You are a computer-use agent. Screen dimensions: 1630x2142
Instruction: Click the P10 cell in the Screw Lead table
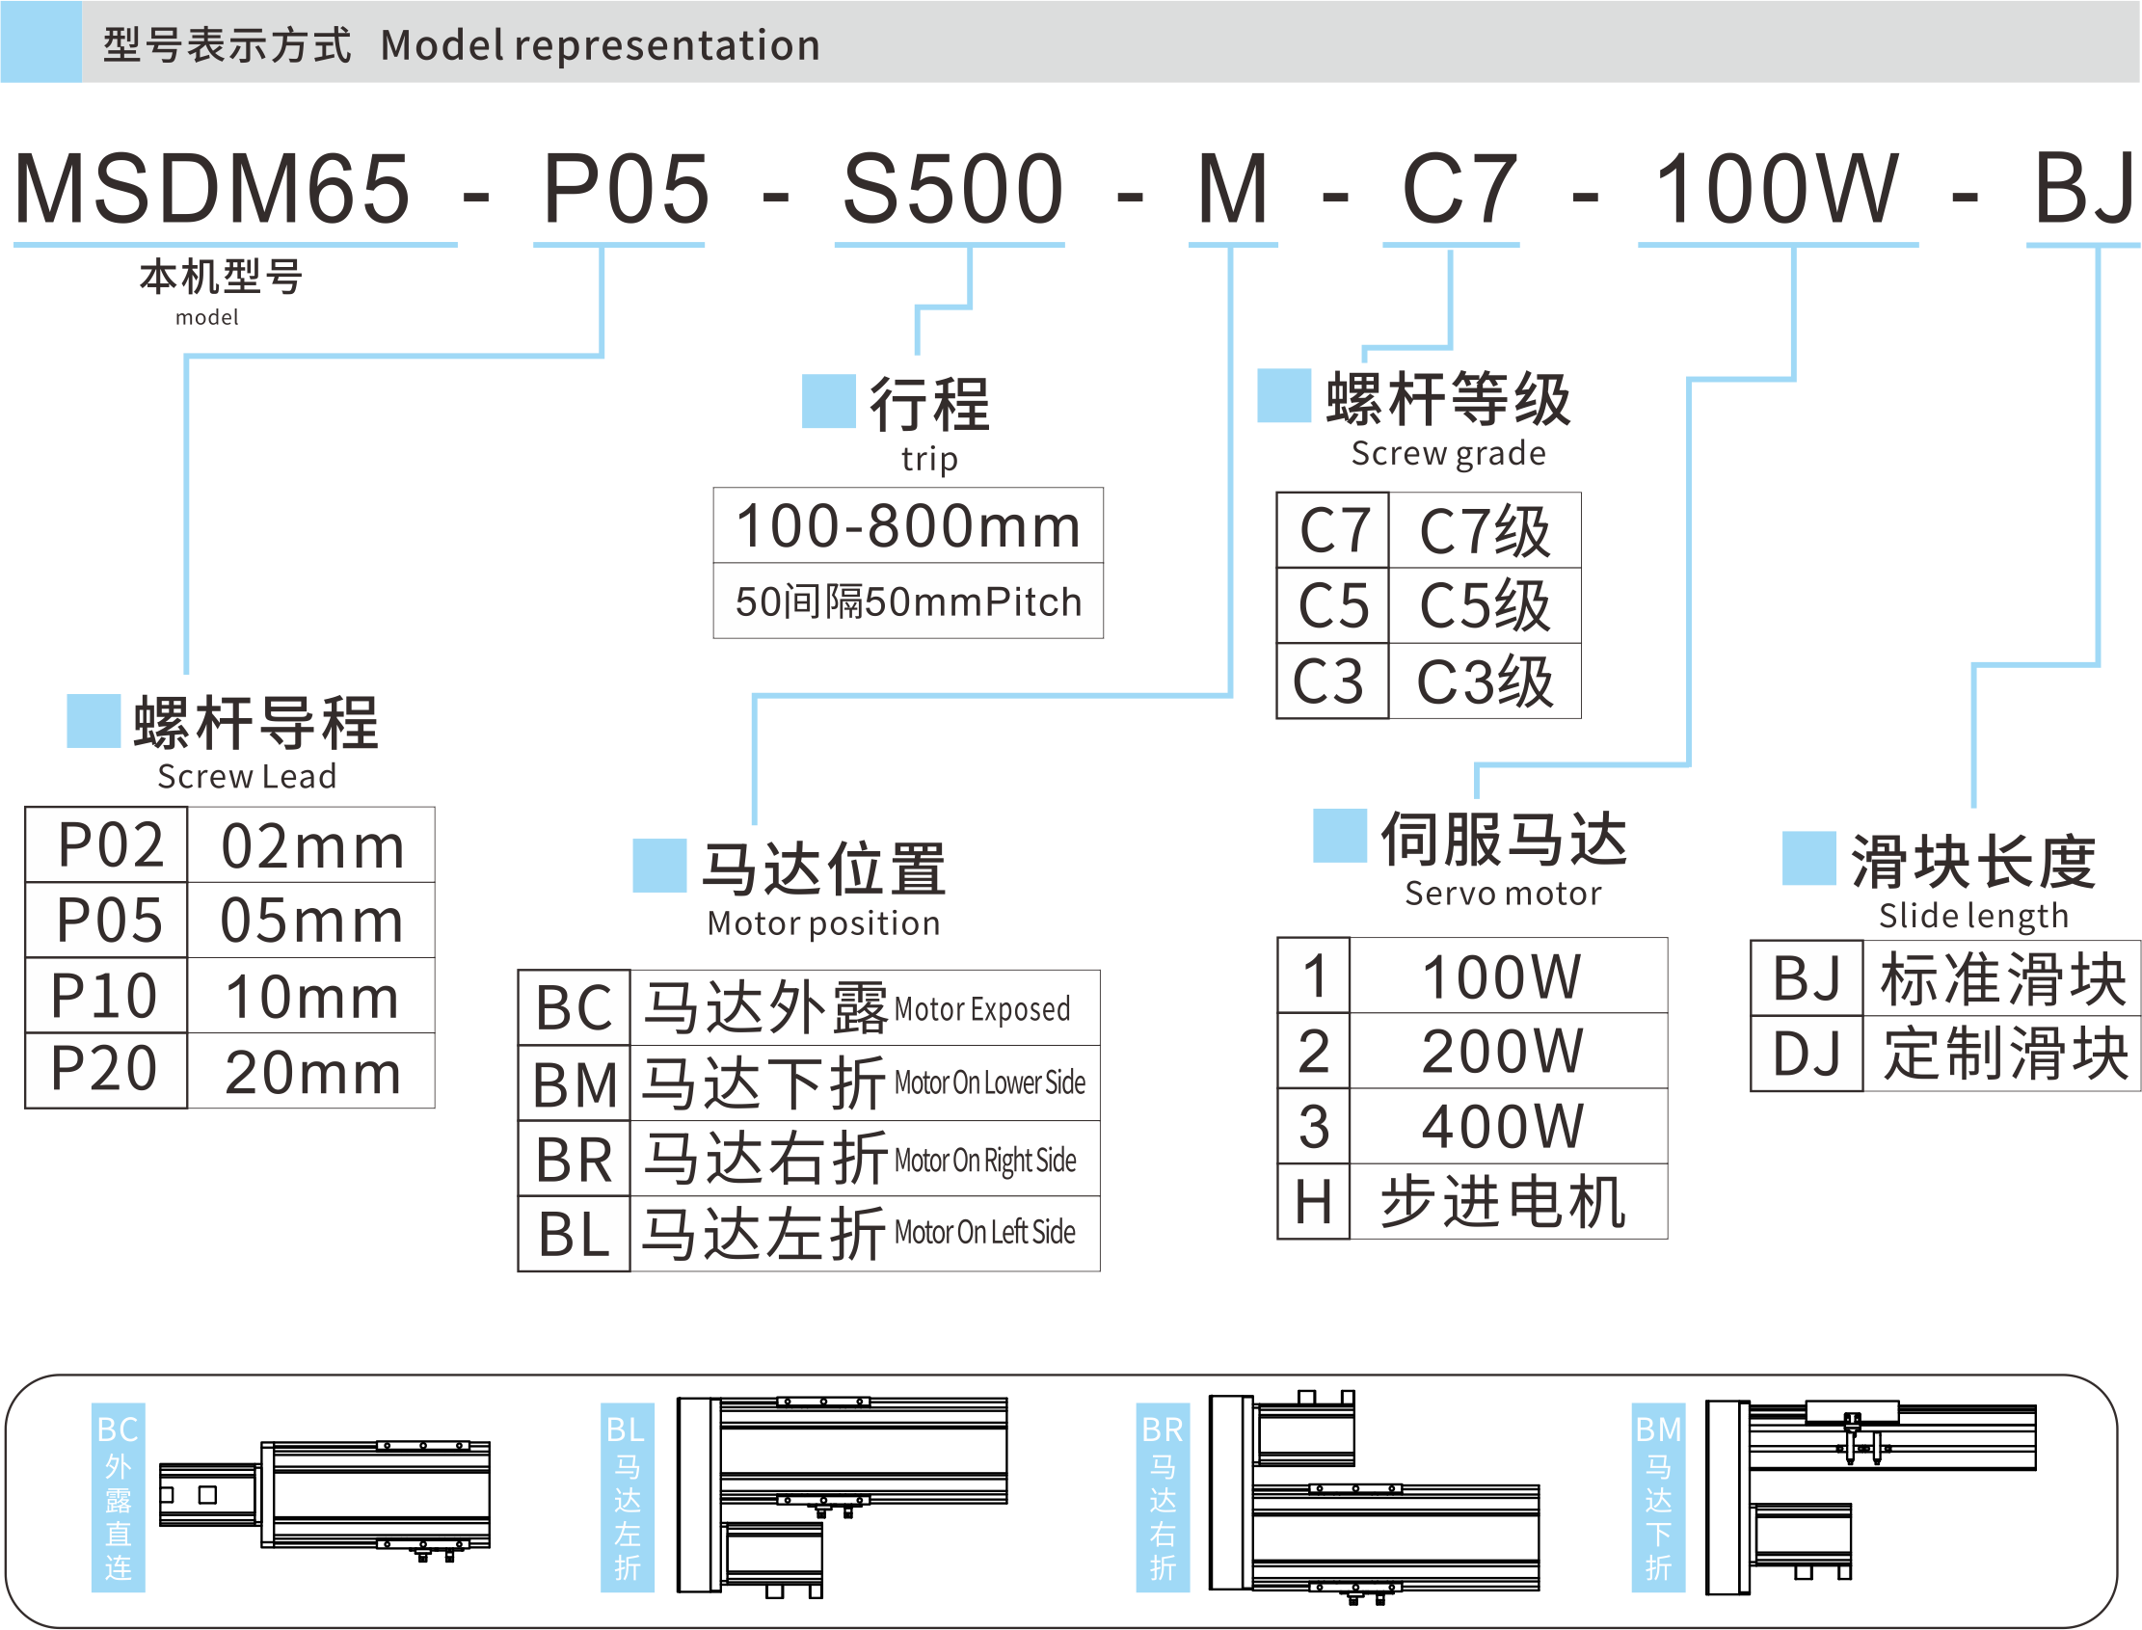click(105, 996)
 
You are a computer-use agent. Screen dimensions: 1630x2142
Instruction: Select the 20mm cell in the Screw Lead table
click(311, 1072)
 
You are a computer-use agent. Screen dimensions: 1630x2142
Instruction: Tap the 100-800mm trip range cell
click(908, 526)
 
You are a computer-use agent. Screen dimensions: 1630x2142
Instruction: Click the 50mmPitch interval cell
click(908, 601)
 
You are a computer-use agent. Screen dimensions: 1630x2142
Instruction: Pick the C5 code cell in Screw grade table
click(1333, 605)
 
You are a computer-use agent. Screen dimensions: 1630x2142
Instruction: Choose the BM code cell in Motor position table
click(575, 1083)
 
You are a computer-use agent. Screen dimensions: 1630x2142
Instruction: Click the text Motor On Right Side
click(985, 1161)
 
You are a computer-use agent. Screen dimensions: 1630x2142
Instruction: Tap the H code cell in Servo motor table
click(1314, 1202)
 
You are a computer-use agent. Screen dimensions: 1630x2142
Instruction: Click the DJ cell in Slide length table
click(1807, 1055)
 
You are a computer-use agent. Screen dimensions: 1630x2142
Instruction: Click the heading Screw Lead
click(247, 776)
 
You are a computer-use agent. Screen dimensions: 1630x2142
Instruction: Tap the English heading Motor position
click(823, 923)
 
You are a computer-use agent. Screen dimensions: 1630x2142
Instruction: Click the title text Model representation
click(601, 45)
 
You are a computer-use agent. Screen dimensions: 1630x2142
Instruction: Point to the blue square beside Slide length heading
click(1809, 859)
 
